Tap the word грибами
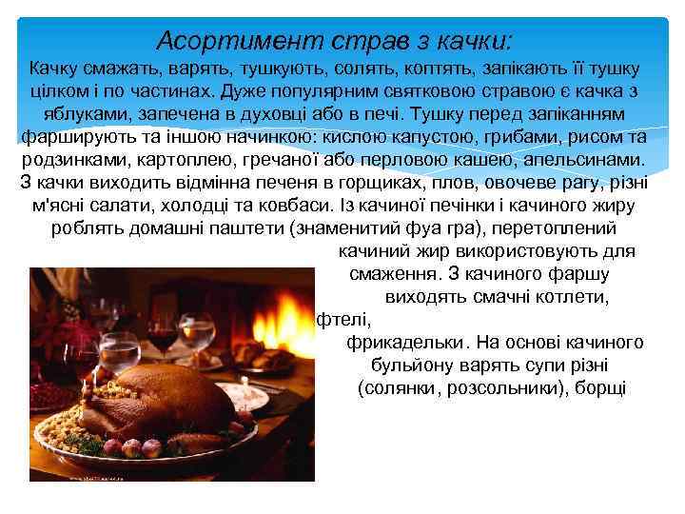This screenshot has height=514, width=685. tap(496, 136)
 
